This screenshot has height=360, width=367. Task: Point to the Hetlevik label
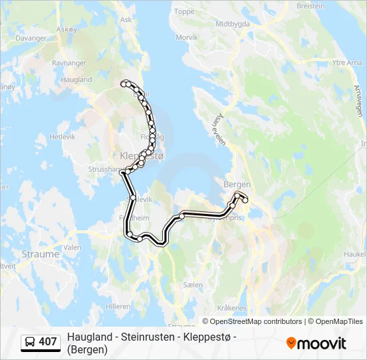pyautogui.click(x=63, y=136)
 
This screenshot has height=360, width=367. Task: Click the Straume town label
pyautogui.click(x=41, y=254)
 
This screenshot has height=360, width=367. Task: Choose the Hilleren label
pyautogui.click(x=117, y=306)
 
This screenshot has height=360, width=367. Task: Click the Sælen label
pyautogui.click(x=192, y=285)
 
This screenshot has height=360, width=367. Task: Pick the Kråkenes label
pyautogui.click(x=232, y=308)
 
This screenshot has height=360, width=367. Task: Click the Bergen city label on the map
pyautogui.click(x=237, y=184)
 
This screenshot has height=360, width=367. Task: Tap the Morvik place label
pyautogui.click(x=187, y=37)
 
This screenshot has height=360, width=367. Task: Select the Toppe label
pyautogui.click(x=184, y=11)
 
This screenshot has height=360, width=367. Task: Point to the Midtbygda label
pyautogui.click(x=232, y=23)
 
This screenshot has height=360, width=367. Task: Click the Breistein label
pyautogui.click(x=310, y=5)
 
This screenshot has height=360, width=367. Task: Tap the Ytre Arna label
pyautogui.click(x=346, y=63)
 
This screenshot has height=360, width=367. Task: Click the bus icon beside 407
pyautogui.click(x=30, y=343)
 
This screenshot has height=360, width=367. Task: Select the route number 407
pyautogui.click(x=48, y=343)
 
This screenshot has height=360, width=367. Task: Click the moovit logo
pyautogui.click(x=316, y=343)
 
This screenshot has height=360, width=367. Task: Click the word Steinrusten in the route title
pyautogui.click(x=145, y=338)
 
